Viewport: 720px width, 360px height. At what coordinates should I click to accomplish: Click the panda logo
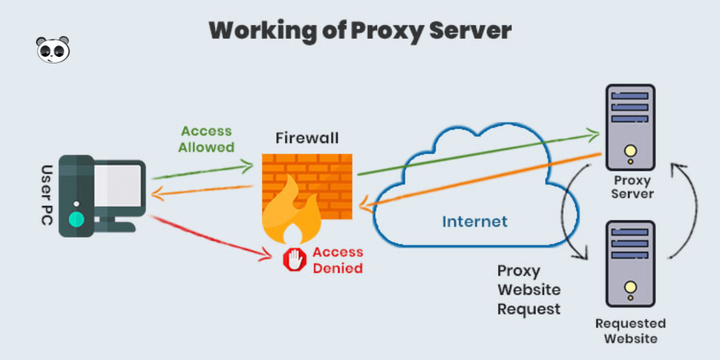click(53, 50)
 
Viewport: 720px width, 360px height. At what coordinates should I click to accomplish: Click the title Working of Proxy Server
click(360, 31)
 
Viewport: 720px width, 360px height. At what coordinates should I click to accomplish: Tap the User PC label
click(47, 194)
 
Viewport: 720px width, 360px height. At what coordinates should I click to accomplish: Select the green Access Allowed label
click(207, 139)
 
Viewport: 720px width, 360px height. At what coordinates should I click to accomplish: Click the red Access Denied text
click(338, 260)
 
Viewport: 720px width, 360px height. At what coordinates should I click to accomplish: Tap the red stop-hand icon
click(294, 260)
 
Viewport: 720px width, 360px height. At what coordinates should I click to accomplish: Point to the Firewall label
click(307, 138)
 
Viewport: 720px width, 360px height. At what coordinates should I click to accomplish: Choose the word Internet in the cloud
click(474, 222)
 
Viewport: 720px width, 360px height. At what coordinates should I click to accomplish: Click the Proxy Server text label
click(632, 187)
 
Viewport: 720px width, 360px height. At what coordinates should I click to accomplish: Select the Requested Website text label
click(631, 331)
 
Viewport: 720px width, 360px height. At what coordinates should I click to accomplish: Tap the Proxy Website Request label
click(529, 289)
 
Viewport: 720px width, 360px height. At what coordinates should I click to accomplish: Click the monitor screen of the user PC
click(118, 185)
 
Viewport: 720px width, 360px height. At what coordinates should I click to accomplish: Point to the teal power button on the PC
click(76, 220)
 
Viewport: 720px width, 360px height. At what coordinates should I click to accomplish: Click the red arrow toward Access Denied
click(210, 238)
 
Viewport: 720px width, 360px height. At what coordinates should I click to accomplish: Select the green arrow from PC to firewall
click(202, 172)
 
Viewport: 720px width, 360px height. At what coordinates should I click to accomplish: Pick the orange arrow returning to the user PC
click(202, 192)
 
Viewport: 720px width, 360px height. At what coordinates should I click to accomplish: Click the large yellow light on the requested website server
click(631, 287)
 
